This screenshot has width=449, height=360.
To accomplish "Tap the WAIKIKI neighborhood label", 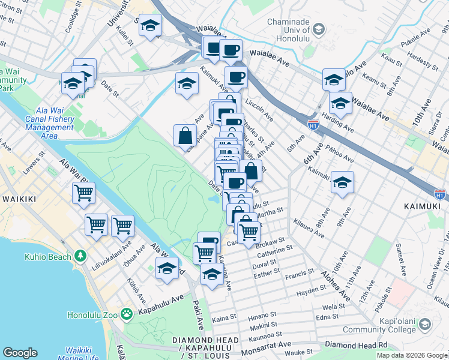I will click(x=22, y=199).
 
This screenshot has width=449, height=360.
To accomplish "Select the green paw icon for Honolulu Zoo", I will click(x=127, y=314).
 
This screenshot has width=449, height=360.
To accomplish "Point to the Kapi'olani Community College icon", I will click(x=425, y=325).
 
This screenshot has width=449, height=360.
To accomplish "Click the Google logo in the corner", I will click(x=20, y=352).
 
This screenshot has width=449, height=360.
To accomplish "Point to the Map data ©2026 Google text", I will click(x=412, y=355).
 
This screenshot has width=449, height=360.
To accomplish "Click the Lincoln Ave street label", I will click(x=260, y=105).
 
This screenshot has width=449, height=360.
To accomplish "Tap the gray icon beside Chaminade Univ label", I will click(x=319, y=29).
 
